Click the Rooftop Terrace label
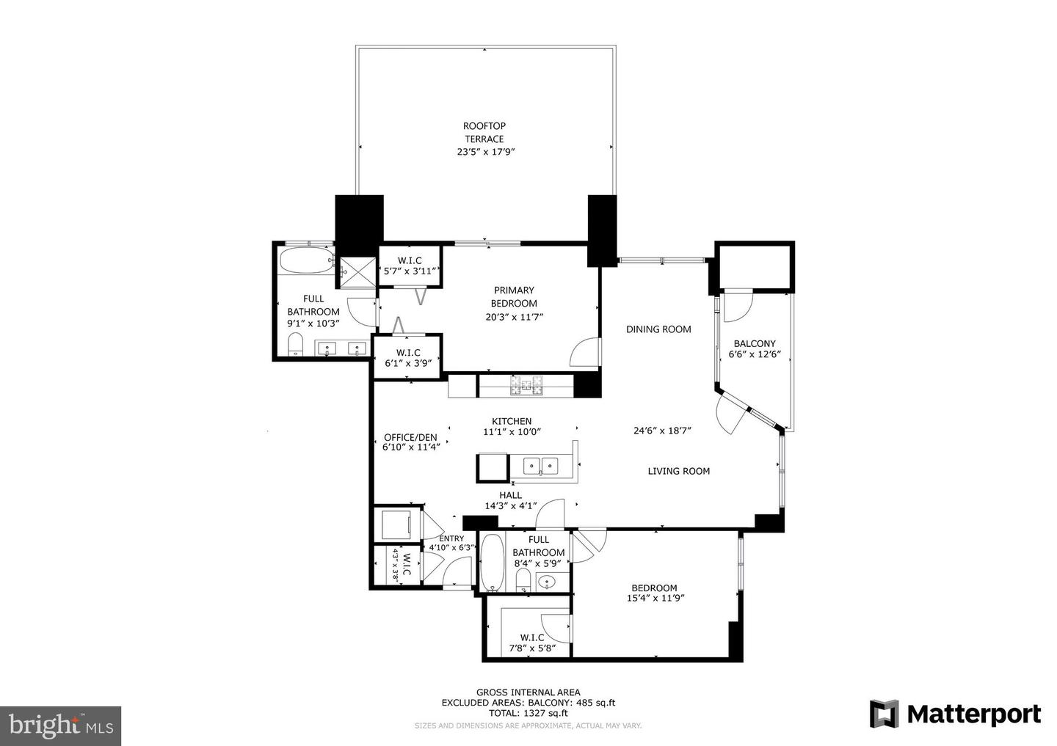[484, 133]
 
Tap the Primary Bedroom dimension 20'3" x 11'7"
[514, 317]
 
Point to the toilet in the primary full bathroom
[296, 344]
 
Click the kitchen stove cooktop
[526, 386]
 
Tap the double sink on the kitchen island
[540, 465]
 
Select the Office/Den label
[410, 438]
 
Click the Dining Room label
[658, 329]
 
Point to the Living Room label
[678, 471]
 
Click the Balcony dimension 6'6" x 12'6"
[755, 354]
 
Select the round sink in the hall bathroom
[547, 583]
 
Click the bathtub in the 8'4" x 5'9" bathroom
[492, 563]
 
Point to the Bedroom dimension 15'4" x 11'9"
[654, 598]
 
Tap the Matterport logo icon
[885, 714]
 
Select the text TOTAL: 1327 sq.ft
[528, 713]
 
